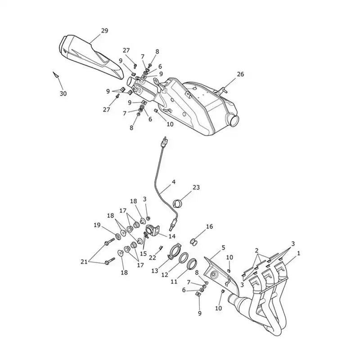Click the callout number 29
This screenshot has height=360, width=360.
tap(104, 31)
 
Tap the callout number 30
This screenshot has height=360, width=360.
tap(63, 94)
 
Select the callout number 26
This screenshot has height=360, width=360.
tap(240, 74)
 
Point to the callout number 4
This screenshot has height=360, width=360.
tap(174, 182)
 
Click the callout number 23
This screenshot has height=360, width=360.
tap(196, 188)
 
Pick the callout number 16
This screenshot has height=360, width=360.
tap(209, 227)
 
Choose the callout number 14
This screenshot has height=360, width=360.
tap(172, 236)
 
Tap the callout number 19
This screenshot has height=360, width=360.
tap(97, 225)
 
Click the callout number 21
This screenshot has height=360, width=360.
tap(84, 262)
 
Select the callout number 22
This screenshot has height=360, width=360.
tap(152, 258)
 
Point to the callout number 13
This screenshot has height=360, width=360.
tap(155, 271)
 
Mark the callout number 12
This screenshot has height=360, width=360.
tap(165, 274)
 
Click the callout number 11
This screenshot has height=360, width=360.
tap(174, 282)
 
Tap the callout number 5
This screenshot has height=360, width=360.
tap(223, 248)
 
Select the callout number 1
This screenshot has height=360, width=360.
tap(298, 253)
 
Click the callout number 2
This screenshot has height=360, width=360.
tap(256, 251)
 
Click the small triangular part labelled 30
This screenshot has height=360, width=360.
tap(55, 75)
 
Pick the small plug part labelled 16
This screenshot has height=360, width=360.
tap(194, 242)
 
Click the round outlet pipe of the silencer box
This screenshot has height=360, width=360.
tap(234, 120)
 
